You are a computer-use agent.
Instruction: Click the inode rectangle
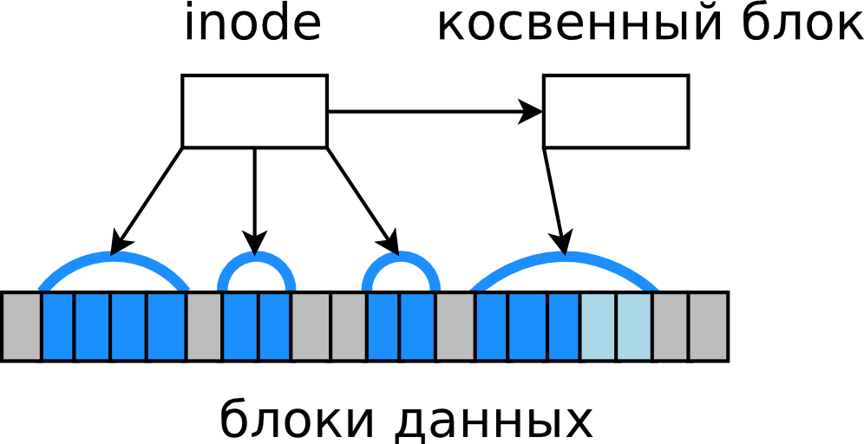(254, 111)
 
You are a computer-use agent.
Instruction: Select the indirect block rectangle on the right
(615, 111)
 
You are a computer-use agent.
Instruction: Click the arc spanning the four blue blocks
(113, 258)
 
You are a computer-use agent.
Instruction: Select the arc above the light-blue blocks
(564, 258)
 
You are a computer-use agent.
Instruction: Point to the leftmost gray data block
(21, 326)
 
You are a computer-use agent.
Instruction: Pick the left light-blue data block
(599, 326)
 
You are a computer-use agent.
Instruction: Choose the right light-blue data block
(634, 326)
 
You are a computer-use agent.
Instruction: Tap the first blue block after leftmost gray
(57, 326)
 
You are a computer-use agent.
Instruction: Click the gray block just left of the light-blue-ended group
(455, 326)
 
